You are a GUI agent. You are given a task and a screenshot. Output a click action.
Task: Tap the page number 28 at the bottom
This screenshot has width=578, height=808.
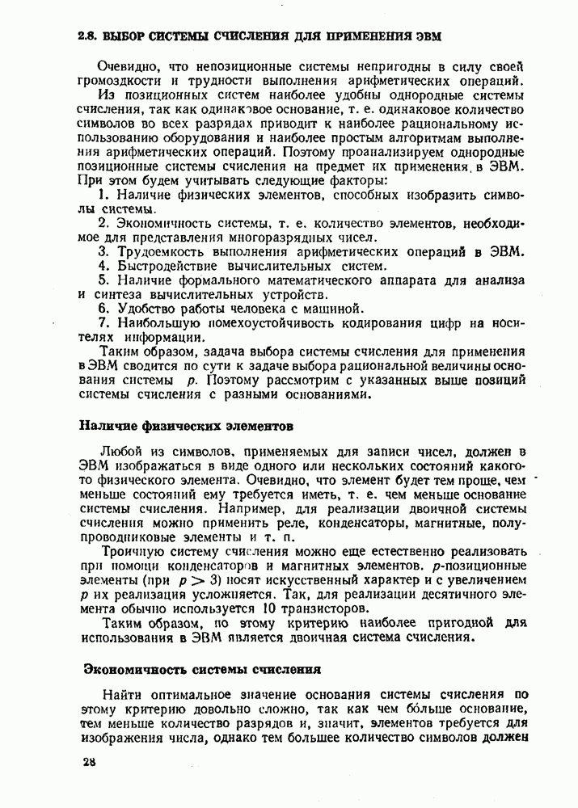click(88, 763)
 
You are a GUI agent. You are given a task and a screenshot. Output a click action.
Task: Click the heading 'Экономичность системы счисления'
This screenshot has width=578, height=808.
click(203, 669)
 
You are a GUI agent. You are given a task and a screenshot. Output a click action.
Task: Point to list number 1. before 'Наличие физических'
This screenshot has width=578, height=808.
click(103, 196)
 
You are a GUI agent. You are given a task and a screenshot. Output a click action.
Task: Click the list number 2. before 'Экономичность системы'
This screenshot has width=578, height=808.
click(103, 223)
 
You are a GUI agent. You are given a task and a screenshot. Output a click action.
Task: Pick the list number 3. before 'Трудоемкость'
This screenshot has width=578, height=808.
click(103, 251)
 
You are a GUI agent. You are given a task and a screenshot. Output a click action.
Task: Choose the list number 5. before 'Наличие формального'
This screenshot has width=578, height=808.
click(103, 280)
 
